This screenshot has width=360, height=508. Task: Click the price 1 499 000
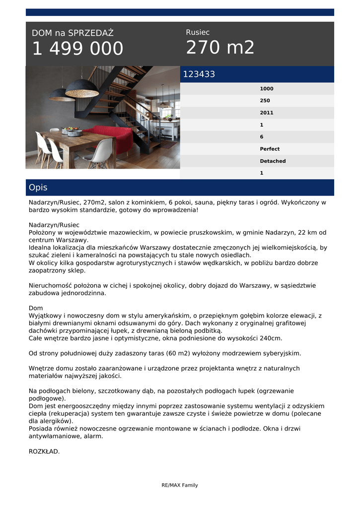[x=77, y=49]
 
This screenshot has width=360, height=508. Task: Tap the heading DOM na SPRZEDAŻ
[x=72, y=33]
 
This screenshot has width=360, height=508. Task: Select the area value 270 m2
[x=220, y=48]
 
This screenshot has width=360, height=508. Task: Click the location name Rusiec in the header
[x=198, y=32]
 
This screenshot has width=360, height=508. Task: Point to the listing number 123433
[x=199, y=74]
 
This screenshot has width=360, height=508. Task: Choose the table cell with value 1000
[x=267, y=89]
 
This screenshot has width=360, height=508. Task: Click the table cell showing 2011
[x=267, y=113]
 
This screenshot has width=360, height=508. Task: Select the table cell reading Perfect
[x=270, y=149]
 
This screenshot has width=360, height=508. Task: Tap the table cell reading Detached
[x=273, y=161]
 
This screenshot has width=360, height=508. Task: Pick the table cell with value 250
[x=265, y=101]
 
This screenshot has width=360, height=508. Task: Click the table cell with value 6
[x=262, y=137]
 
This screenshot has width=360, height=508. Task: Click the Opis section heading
[x=38, y=188]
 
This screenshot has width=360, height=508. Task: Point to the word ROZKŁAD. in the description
[x=44, y=451]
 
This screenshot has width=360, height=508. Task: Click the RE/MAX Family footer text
[x=180, y=485]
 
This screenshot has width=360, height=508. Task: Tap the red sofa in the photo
[x=109, y=137]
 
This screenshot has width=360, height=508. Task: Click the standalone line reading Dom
[x=36, y=308]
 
